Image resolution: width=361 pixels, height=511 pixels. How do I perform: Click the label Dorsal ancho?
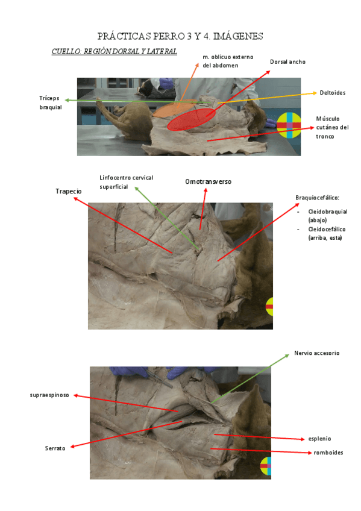[287, 61]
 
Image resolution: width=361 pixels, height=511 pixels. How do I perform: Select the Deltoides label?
[332, 93]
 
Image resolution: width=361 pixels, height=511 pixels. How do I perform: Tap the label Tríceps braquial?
[50, 102]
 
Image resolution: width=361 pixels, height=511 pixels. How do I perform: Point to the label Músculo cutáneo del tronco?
[332, 127]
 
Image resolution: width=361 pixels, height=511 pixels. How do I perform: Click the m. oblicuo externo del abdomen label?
[228, 61]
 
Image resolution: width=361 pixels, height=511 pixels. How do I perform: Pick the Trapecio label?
[69, 191]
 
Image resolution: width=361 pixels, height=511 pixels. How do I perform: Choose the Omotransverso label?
[208, 181]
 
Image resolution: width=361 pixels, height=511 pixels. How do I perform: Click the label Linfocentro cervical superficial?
[127, 182]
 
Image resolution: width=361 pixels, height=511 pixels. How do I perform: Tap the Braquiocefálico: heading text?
[317, 198]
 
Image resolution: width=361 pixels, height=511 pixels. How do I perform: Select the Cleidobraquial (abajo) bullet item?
[327, 216]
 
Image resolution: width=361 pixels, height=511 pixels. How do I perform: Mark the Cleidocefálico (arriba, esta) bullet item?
[327, 233]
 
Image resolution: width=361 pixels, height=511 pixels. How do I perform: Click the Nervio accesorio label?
[316, 353]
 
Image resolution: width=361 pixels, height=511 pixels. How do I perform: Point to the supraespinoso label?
[49, 395]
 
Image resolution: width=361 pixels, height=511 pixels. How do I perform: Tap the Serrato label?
[55, 448]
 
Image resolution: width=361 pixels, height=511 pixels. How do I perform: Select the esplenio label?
[319, 439]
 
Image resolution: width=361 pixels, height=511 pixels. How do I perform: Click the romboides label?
[328, 453]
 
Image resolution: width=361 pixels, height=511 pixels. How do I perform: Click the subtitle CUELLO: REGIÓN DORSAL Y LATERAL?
[114, 51]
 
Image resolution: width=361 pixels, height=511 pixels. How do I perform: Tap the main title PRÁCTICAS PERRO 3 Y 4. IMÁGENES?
[180, 36]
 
